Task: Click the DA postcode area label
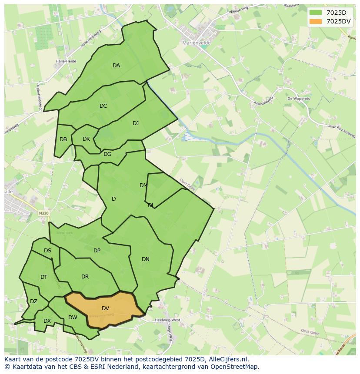point(116,66)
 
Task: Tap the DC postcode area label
point(103,106)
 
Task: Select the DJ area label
point(136,123)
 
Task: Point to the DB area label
point(63,139)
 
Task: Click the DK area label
point(86,139)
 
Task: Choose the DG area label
point(107,154)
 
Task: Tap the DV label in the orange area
point(105,308)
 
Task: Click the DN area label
point(146,259)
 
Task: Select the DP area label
point(97,251)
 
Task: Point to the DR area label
point(85,277)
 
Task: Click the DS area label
point(47,251)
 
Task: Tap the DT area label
point(44,277)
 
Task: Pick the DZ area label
point(33,301)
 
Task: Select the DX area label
point(47,321)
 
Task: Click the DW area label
point(73,318)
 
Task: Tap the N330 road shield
point(43,213)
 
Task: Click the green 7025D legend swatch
point(316,13)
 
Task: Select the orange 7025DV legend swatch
point(316,21)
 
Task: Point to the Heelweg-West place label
point(167,320)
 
